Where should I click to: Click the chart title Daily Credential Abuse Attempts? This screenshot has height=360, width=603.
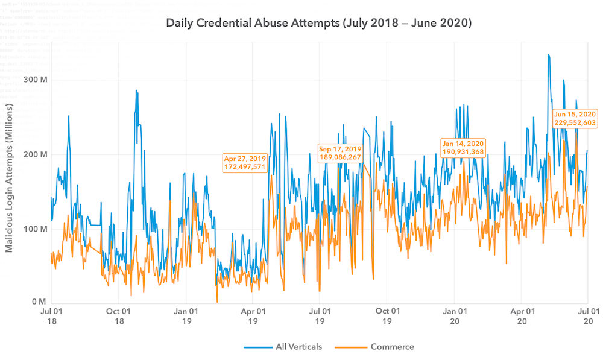pos(318,24)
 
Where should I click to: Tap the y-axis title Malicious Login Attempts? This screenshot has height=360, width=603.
pos(10,178)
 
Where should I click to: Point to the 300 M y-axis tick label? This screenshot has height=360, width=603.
pos(34,80)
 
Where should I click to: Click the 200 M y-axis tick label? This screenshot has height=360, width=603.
pos(34,154)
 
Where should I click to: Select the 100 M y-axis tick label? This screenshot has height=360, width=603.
pos(34,229)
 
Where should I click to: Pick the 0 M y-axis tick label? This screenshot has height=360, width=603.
pos(38,302)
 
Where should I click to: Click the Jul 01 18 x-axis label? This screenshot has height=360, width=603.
pos(51,316)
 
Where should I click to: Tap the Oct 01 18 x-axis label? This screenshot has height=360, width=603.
pos(119,316)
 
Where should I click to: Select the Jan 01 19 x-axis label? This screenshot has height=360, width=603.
pos(186,316)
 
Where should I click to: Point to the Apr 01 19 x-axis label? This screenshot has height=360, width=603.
pos(253,316)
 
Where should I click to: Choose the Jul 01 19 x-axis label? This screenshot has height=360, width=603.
pos(320,316)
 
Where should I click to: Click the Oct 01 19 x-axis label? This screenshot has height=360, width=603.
pos(387,316)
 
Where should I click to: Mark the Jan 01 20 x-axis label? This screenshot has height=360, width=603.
pos(455,316)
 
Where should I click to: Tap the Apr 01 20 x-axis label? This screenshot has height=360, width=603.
pos(522,316)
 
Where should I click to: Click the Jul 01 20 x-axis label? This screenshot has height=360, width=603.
pos(588,316)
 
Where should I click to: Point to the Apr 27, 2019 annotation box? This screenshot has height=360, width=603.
pos(245,163)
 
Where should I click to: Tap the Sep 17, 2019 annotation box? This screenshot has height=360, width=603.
pos(339,153)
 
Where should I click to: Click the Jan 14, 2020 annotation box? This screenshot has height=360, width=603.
pos(463,148)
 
